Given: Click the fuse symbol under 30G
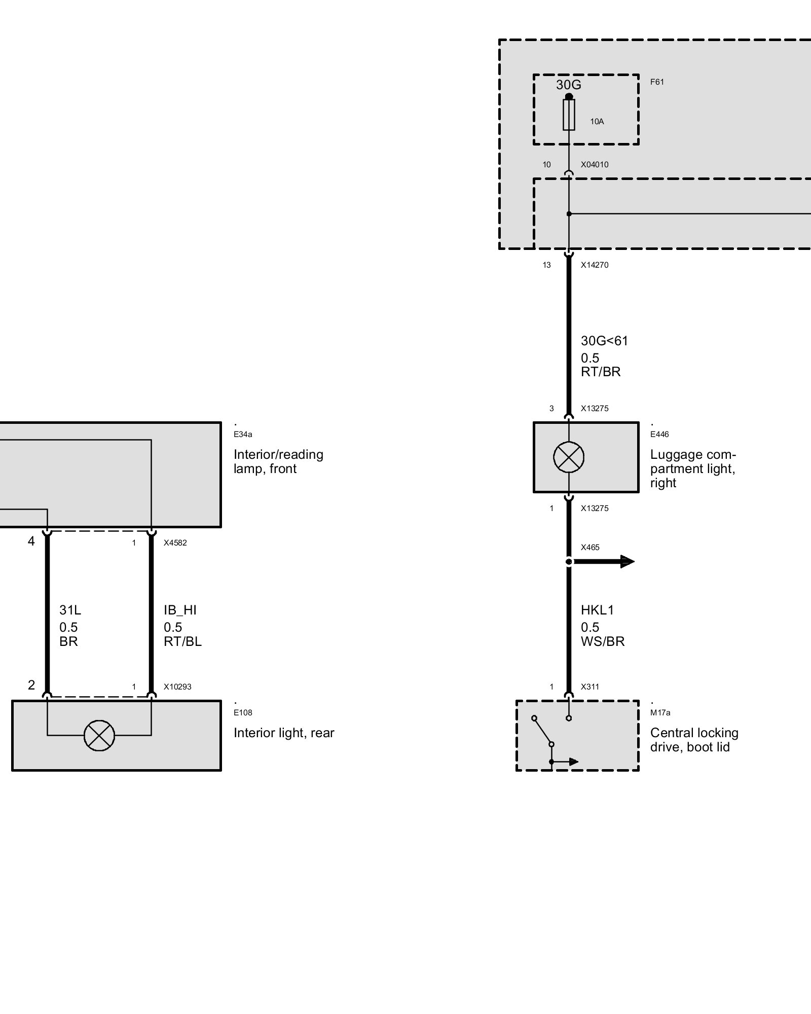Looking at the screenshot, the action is click(x=569, y=115).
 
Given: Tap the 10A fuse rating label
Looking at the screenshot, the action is click(x=597, y=122).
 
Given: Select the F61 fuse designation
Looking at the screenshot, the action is click(x=657, y=82).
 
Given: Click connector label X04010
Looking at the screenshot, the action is click(x=595, y=165).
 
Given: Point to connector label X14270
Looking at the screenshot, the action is click(x=595, y=265).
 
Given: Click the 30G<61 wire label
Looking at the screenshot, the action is click(x=604, y=341).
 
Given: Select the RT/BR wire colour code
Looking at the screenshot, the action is click(x=601, y=372).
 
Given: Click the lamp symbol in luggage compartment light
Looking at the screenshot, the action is click(x=569, y=457).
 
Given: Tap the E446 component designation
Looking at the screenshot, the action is click(x=659, y=434).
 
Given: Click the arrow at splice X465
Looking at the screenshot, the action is click(x=625, y=561).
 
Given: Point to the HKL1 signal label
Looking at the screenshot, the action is click(x=597, y=610).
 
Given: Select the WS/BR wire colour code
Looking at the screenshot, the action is click(x=603, y=641).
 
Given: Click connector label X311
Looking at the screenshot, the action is click(x=590, y=687).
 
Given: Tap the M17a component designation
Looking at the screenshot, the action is click(x=660, y=712).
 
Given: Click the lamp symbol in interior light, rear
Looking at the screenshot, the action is click(x=99, y=735).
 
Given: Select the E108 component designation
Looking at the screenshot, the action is click(x=243, y=712).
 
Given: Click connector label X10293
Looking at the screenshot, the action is click(x=177, y=687).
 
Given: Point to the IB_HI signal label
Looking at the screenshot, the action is click(x=180, y=610).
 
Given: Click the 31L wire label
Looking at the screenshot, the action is click(x=70, y=610).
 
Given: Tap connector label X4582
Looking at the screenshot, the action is click(x=175, y=543).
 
